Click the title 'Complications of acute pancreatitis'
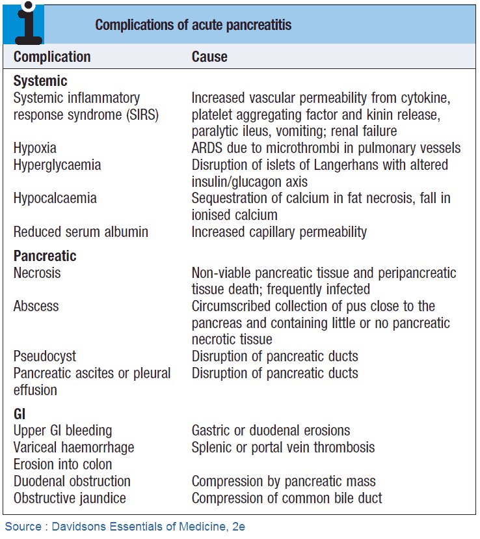pyautogui.click(x=193, y=25)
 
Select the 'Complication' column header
pyautogui.click(x=52, y=57)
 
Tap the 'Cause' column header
pyautogui.click(x=209, y=57)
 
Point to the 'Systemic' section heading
pyautogui.click(x=40, y=81)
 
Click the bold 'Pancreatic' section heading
pyautogui.click(x=45, y=256)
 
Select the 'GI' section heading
pyautogui.click(x=20, y=414)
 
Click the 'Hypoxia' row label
pyautogui.click(x=35, y=148)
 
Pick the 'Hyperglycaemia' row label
pyautogui.click(x=57, y=165)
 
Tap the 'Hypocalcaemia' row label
pyautogui.click(x=55, y=198)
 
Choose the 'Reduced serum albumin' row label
pyautogui.click(x=81, y=232)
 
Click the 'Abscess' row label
pyautogui.click(x=36, y=306)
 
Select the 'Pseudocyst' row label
pyautogui.click(x=44, y=356)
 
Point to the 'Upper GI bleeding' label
pyautogui.click(x=62, y=431)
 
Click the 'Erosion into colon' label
pyautogui.click(x=62, y=464)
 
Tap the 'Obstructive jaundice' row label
pyautogui.click(x=70, y=498)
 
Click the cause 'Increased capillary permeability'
pyautogui.click(x=279, y=232)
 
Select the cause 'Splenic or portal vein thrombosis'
pyautogui.click(x=283, y=448)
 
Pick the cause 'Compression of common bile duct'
pyautogui.click(x=287, y=498)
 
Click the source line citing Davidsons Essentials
pyautogui.click(x=125, y=526)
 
